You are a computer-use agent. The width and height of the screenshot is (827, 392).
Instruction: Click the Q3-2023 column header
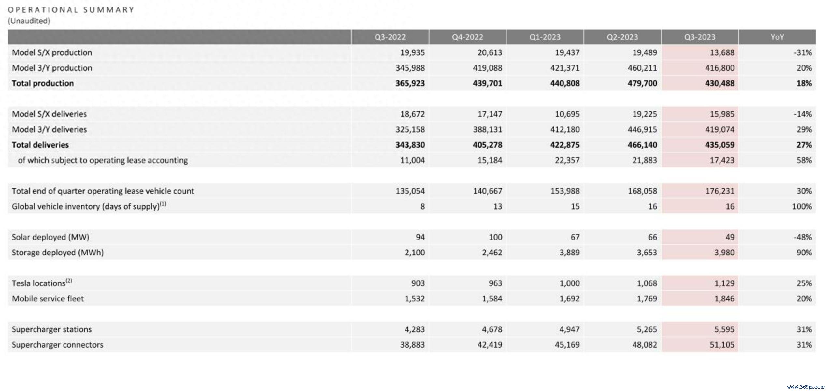[699, 37]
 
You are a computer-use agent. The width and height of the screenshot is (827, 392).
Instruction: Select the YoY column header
[777, 37]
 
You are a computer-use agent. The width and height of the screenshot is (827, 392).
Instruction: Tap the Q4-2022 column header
[467, 37]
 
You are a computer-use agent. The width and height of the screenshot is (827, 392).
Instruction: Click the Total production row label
[43, 83]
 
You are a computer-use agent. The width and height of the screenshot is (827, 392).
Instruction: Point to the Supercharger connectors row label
[57, 345]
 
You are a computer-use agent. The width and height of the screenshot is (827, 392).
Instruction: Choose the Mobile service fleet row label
[48, 298]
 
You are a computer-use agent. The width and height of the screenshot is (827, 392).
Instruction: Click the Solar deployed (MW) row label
[50, 237]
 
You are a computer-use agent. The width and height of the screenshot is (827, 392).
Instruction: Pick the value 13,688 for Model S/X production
[722, 53]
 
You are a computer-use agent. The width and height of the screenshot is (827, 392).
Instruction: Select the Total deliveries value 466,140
[642, 145]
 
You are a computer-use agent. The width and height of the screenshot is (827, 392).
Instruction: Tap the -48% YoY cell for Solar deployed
[803, 237]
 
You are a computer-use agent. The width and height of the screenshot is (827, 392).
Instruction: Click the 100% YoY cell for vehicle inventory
[802, 207]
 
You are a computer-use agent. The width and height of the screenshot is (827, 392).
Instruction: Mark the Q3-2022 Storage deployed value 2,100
[414, 253]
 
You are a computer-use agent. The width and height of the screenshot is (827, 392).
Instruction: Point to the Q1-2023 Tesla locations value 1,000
[569, 283]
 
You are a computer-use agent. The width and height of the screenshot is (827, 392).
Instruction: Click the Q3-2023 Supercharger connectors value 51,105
[722, 345]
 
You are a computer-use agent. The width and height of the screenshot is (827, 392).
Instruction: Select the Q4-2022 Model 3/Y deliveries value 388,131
[487, 130]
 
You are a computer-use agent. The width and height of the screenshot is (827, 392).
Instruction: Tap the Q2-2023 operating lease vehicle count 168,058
[642, 191]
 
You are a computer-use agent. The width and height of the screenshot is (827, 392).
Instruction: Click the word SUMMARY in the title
[108, 10]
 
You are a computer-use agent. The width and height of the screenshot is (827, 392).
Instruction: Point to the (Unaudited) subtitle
[29, 21]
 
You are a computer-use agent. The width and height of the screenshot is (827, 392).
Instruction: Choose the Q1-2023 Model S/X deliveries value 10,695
[567, 114]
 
